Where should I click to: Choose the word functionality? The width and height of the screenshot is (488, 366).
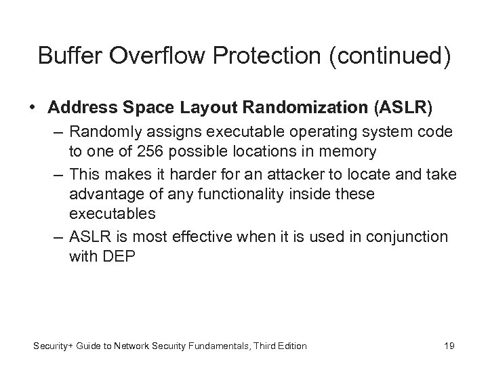(x=234, y=195)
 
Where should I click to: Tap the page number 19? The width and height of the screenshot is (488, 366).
(x=449, y=346)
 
